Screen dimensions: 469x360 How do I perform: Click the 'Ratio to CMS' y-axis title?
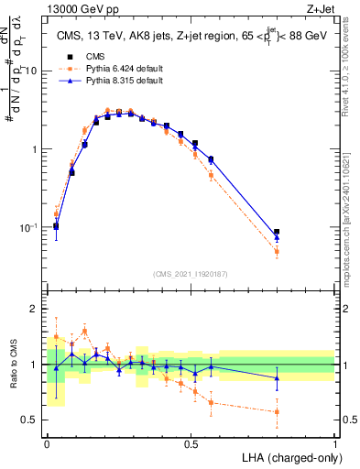point(13,364)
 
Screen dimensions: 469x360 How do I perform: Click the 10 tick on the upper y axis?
point(31,71)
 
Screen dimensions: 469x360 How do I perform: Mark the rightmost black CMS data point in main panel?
point(277,233)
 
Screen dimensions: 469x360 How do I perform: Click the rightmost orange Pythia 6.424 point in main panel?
point(277,251)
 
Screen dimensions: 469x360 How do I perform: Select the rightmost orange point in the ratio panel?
point(277,411)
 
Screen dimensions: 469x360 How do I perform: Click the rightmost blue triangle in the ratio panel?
point(277,377)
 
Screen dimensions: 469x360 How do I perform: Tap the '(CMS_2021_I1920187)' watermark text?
point(191,274)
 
